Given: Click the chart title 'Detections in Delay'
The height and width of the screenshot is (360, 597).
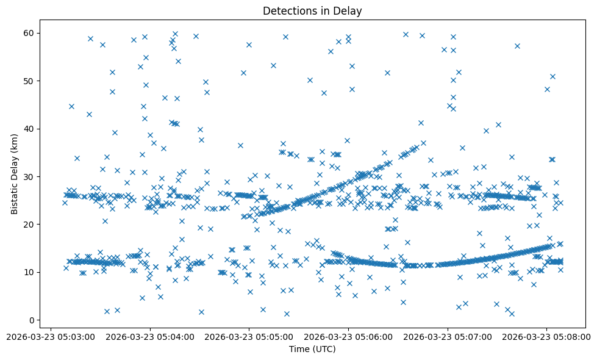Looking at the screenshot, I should point(312,11).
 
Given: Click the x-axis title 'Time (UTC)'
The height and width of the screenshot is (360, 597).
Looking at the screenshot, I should point(312,349).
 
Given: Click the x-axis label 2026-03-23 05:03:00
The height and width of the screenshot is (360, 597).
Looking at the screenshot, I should point(51,336).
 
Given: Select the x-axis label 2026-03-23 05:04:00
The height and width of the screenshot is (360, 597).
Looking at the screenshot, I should point(150,336).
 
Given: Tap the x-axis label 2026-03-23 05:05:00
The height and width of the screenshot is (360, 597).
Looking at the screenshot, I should point(249,336).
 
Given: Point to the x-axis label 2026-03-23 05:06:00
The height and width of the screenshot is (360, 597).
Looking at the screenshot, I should point(348,336).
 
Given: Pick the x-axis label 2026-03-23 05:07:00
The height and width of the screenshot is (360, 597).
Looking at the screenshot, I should point(448,336).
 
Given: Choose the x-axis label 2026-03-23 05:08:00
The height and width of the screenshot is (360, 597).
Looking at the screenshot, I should point(546,336).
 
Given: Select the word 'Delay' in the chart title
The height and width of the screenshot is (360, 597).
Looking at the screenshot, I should point(348,11).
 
